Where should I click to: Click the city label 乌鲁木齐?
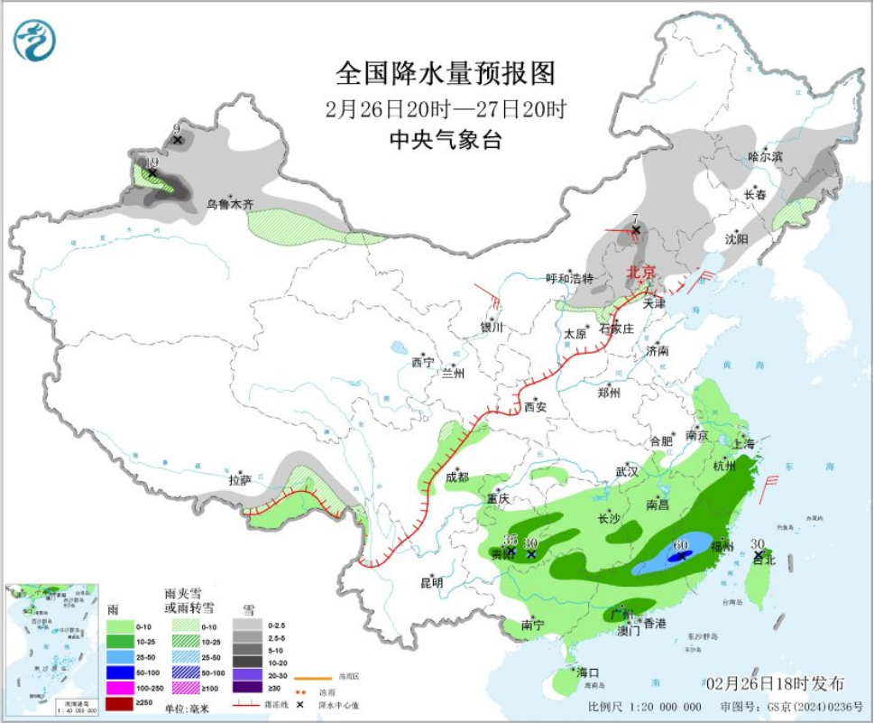(230, 205)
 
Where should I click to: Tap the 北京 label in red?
(639, 272)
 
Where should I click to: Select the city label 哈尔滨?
(766, 156)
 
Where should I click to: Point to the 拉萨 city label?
(239, 480)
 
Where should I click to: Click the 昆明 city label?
(431, 583)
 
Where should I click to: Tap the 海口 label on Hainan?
(587, 672)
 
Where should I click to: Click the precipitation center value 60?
(680, 545)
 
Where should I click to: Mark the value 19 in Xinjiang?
(152, 162)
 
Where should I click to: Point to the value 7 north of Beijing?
(635, 218)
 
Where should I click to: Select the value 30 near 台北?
(758, 543)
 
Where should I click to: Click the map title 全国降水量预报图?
(445, 71)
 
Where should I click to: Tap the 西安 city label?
(536, 406)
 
